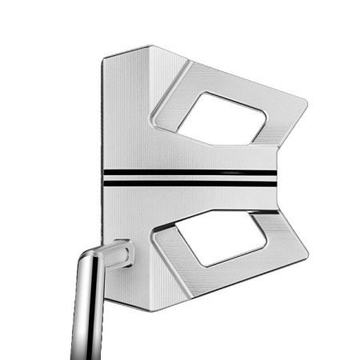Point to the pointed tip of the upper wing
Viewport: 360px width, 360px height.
click(x=306, y=102)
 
